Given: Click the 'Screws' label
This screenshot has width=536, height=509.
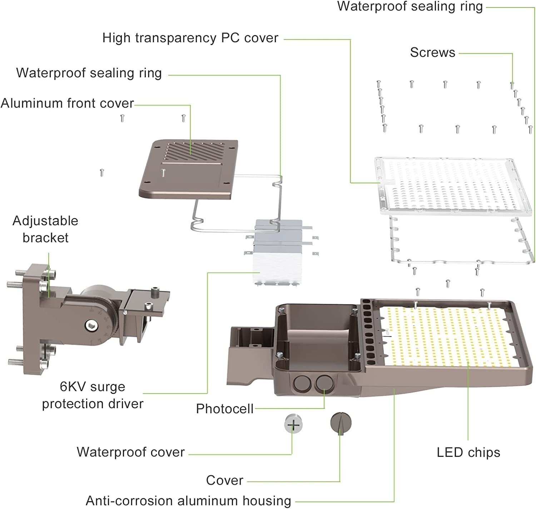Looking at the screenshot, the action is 432,53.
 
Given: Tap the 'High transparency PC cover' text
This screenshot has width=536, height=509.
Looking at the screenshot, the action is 190,38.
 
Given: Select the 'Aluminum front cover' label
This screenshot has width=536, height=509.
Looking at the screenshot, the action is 67,103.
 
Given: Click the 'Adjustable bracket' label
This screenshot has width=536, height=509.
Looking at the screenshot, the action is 45,229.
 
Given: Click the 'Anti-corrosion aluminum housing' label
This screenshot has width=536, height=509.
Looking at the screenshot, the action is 188,501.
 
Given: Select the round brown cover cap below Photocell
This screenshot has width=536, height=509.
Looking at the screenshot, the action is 341,423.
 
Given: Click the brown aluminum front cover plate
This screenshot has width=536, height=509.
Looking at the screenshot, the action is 188,169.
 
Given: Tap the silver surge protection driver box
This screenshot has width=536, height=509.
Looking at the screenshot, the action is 278,252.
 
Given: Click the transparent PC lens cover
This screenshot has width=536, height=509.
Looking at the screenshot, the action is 453,187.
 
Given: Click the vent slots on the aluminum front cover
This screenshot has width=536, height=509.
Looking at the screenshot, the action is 195,152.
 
